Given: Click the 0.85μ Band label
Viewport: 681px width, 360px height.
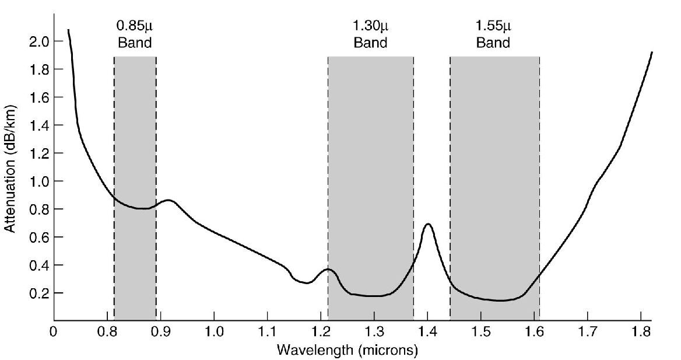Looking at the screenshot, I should pos(135,34).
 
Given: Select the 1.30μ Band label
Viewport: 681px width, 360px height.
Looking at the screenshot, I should pos(370,34).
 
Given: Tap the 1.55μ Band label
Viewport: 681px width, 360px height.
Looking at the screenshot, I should pos(493,34).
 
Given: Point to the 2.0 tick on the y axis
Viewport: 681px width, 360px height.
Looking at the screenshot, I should pos(34,41).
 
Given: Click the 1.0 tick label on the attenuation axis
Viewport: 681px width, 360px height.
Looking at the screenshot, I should pos(34,181).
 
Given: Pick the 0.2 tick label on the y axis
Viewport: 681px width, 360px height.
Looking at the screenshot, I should pos(34,293).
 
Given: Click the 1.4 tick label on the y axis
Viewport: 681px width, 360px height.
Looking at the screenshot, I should pos(34,125).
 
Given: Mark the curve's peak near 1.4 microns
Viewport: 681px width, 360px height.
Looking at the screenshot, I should pos(428,223).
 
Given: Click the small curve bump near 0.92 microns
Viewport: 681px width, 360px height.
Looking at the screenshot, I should pos(169,200).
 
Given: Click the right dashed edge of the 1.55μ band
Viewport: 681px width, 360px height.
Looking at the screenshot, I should pos(539,187).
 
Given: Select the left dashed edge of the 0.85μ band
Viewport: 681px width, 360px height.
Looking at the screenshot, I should pos(114,187).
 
